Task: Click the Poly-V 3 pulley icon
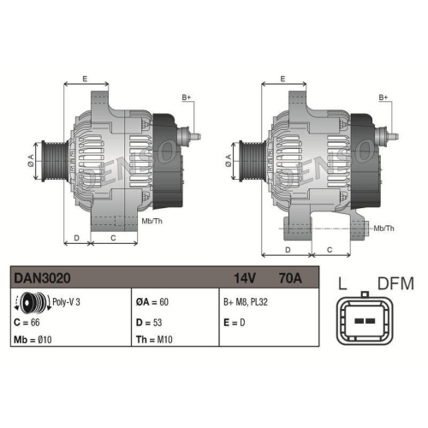(x=30, y=302)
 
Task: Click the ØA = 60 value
(x=154, y=302)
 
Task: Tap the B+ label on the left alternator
(x=187, y=99)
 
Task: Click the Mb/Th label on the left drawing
(x=152, y=221)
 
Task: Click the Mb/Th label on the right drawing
(x=384, y=228)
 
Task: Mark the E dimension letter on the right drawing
(x=282, y=79)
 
